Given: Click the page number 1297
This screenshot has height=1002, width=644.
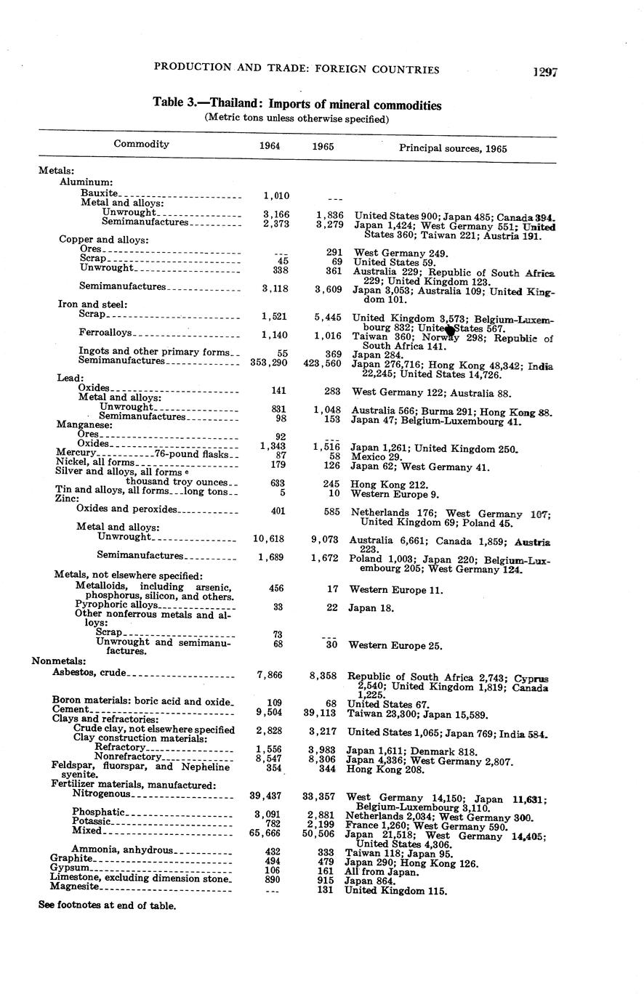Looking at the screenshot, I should point(544,72).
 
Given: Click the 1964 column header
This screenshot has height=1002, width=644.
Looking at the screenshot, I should point(270,146).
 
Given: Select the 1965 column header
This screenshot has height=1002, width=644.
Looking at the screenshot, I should point(323,146).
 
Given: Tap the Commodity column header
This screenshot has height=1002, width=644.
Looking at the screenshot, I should point(141,144).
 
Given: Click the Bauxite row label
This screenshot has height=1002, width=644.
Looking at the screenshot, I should point(99,193).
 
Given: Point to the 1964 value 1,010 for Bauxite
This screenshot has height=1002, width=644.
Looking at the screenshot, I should point(276,195).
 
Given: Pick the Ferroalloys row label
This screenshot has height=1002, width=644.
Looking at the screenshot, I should point(105,333).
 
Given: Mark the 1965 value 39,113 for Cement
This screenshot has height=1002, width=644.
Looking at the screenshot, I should point(320,713).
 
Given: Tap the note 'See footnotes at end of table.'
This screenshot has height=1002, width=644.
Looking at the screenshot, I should point(108,905).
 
